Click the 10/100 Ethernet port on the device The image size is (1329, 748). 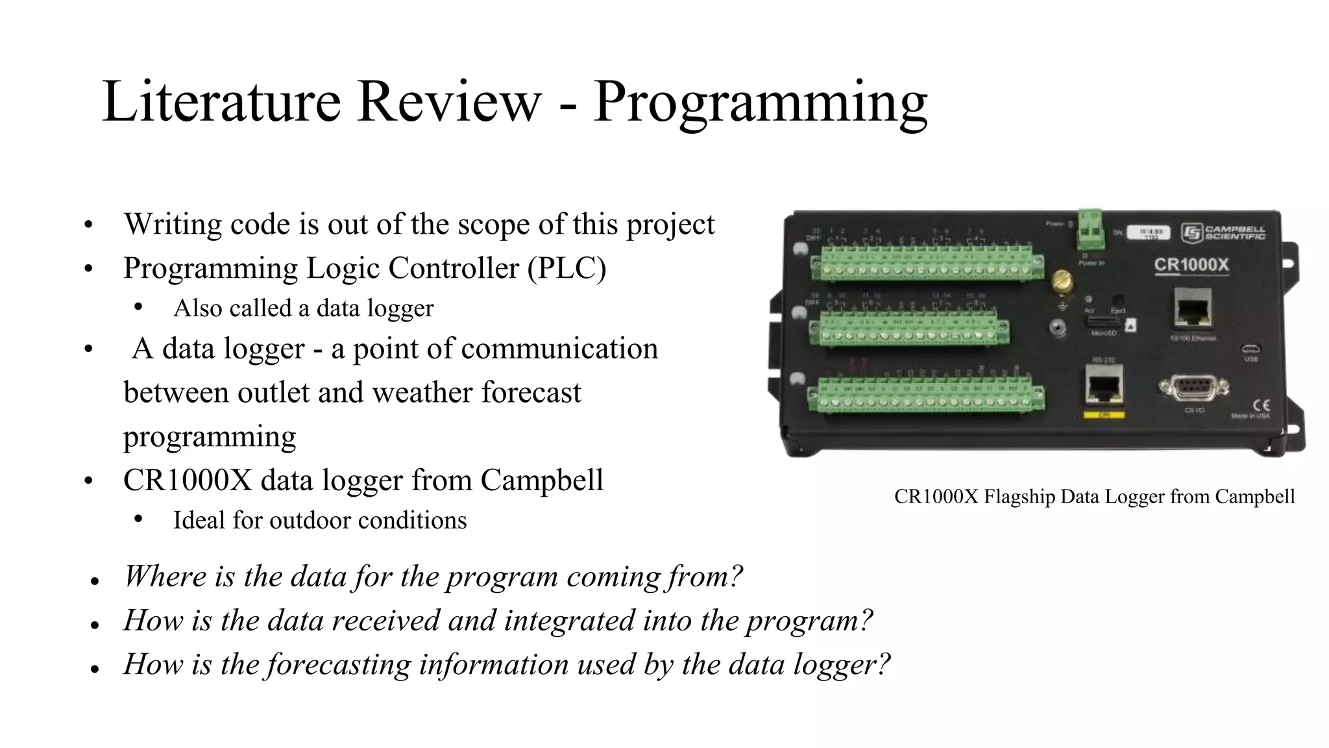click(1193, 309)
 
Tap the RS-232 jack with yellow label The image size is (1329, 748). click(1103, 386)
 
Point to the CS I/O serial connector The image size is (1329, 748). click(1193, 388)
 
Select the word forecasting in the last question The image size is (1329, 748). click(338, 664)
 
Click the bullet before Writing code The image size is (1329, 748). click(89, 225)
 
